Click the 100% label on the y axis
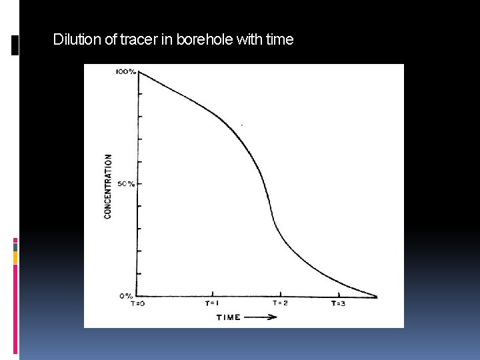126,71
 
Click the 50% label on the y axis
126,183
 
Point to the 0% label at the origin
127,295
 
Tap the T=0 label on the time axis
137,303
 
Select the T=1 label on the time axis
213,303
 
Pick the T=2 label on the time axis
281,303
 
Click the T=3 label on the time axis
339,303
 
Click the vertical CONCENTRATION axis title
108,187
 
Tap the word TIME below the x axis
229,317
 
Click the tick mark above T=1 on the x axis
213,293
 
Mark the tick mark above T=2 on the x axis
281,293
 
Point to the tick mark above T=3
339,293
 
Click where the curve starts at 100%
139,71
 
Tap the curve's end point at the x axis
377,296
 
